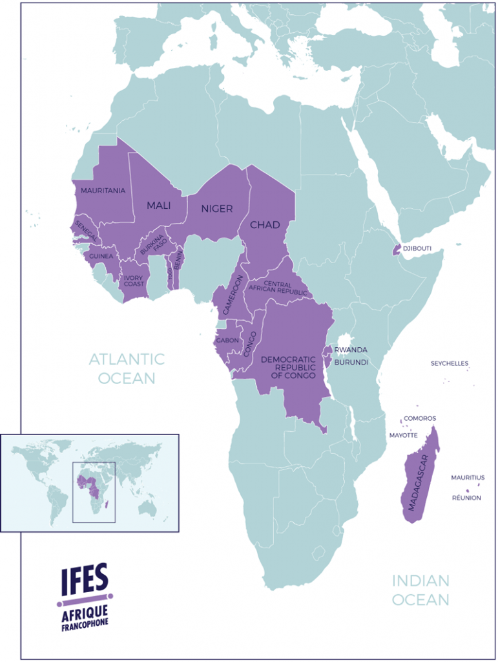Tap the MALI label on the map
point(158,206)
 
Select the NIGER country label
point(216,208)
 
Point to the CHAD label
point(265,225)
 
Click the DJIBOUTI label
point(417,248)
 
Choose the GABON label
point(227,340)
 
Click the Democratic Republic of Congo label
point(288,367)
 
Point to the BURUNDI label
point(351,363)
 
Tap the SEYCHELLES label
point(450,363)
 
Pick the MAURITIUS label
point(468,478)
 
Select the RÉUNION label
point(466,498)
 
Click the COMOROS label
point(420,418)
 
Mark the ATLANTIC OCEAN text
point(127,368)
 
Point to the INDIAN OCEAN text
point(420,590)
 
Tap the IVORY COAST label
point(134,281)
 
